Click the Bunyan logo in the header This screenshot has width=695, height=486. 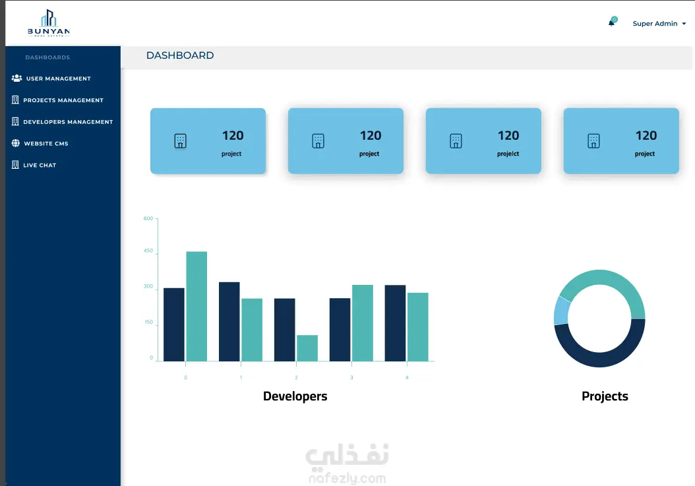(49, 23)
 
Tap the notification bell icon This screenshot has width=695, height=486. (612, 22)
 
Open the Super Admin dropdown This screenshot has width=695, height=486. (659, 24)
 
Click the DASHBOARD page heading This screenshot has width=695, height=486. (180, 55)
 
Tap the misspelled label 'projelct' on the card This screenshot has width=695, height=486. (508, 154)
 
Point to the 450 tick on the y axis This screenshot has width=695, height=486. (148, 251)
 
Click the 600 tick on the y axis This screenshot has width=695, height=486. (148, 219)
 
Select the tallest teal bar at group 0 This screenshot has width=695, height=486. (196, 307)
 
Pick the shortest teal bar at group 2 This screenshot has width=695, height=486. (307, 348)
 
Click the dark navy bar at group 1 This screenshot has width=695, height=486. (229, 322)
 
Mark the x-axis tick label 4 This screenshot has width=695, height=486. (407, 378)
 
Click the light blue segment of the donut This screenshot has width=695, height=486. (561, 311)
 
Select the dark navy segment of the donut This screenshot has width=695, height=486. (599, 359)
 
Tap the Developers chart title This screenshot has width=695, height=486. (295, 396)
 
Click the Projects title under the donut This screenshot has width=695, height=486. (605, 396)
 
